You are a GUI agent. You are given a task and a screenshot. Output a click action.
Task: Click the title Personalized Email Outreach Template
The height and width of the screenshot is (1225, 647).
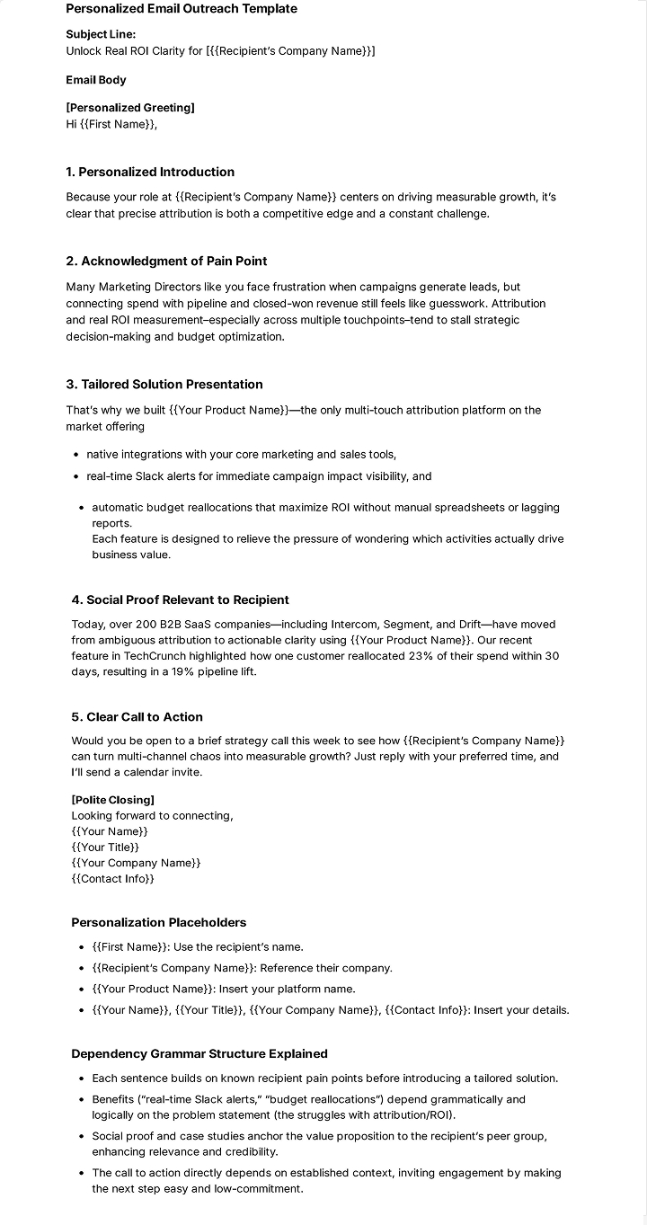(182, 9)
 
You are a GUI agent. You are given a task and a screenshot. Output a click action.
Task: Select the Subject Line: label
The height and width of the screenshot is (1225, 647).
(101, 34)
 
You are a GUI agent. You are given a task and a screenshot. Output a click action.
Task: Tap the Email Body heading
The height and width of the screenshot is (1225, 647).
(96, 80)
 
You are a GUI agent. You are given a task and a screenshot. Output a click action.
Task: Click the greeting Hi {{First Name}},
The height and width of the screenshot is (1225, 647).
(111, 124)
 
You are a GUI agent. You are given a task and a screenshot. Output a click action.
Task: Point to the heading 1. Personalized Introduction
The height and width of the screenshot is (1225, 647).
(150, 172)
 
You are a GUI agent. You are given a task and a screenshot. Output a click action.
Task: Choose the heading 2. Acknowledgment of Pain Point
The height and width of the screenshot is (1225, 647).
(166, 262)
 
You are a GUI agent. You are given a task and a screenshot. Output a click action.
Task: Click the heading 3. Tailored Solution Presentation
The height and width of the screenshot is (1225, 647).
(164, 385)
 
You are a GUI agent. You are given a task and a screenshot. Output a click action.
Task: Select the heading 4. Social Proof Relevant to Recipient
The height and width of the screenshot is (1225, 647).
(180, 599)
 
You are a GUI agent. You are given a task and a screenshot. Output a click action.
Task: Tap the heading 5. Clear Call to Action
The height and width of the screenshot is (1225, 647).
(137, 717)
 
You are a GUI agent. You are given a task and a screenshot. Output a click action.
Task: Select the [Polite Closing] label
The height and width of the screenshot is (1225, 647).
(112, 800)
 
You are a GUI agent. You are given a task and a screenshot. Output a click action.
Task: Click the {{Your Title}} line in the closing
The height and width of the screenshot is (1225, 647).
(105, 847)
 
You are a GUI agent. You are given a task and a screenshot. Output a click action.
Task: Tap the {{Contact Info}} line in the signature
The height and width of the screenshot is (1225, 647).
(112, 878)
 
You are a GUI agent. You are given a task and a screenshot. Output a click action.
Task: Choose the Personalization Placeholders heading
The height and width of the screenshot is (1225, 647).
(158, 922)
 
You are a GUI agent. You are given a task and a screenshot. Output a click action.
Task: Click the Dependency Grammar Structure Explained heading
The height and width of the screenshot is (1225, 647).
(199, 1053)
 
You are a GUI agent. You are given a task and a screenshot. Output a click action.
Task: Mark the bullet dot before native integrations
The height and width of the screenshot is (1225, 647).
(77, 455)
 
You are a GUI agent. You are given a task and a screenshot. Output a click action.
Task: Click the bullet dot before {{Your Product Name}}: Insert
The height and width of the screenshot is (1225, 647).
(83, 989)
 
